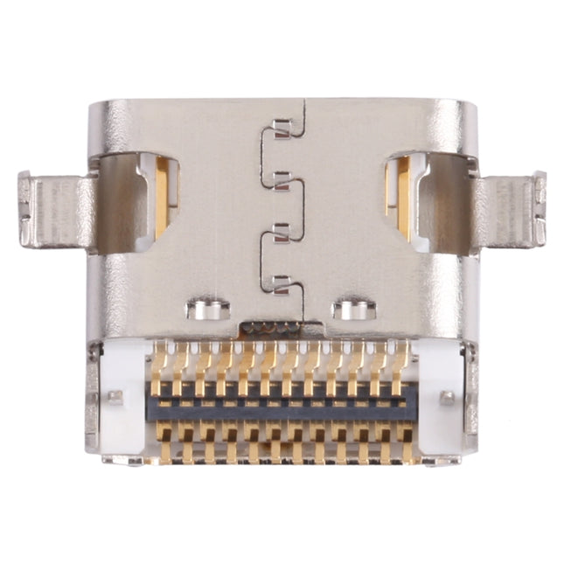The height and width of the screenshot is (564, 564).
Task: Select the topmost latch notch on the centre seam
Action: tap(281, 130)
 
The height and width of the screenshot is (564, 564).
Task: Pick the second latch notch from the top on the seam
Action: tap(281, 180)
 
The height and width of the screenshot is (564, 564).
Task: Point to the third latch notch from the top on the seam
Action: tap(281, 231)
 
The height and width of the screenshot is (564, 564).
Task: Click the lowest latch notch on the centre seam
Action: tap(281, 282)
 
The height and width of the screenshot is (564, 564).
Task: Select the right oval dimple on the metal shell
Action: tap(354, 309)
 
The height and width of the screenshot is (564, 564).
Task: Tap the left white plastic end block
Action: tap(123, 398)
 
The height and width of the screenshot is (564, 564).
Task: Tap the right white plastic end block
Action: tap(439, 398)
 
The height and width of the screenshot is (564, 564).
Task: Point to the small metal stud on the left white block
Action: tap(115, 398)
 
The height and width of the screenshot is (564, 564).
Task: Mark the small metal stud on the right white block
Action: tap(448, 398)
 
